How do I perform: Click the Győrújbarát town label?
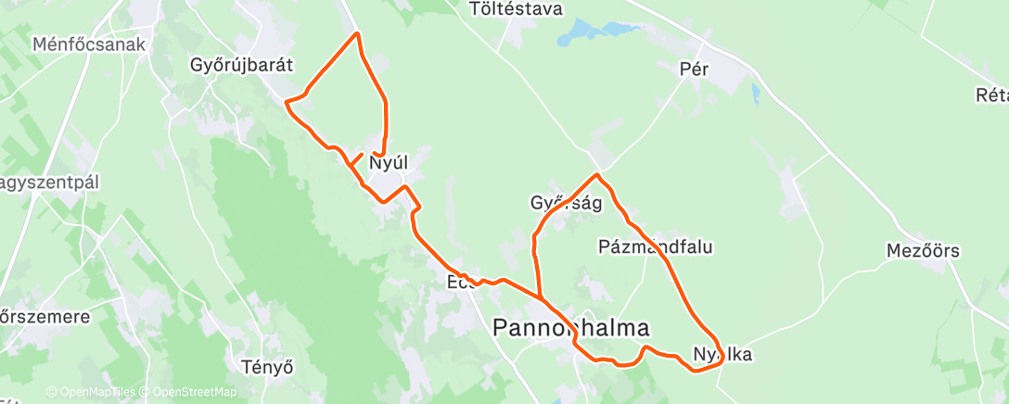(241, 66)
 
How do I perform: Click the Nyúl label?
(389, 164)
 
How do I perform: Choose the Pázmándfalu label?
(656, 246)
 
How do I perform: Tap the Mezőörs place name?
(923, 251)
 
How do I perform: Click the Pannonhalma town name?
(569, 327)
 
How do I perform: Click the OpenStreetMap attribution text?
(194, 393)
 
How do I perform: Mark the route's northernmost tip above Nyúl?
(356, 34)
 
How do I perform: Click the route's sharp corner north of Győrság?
(598, 174)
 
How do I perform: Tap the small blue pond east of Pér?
(757, 94)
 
